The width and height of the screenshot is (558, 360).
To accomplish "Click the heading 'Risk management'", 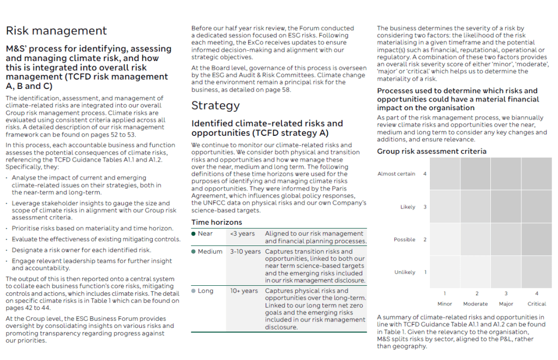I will [x=56, y=31].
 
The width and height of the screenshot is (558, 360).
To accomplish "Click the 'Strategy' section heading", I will [x=215, y=105].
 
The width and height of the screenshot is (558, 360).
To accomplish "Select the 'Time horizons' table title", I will [x=217, y=223].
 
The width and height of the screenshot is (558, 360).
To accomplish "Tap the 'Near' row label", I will [x=205, y=233].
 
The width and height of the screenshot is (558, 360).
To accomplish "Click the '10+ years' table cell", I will [x=244, y=291].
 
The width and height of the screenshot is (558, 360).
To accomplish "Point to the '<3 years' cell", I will [x=242, y=233].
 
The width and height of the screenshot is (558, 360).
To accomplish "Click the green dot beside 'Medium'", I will [x=194, y=251].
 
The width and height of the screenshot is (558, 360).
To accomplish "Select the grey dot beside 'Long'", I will [x=194, y=291].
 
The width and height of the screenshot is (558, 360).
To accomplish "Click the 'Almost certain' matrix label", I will [x=397, y=174].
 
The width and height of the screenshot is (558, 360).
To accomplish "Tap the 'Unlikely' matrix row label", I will [x=405, y=272].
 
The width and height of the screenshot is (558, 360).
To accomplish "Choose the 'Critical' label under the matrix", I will [x=537, y=304].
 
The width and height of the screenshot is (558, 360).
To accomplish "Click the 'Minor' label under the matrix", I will [x=445, y=304].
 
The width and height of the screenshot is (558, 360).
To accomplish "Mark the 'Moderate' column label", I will [x=475, y=304].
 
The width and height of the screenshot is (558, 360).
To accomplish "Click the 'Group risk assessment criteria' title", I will [x=431, y=151].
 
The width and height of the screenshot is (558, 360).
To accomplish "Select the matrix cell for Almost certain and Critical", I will [x=537, y=174].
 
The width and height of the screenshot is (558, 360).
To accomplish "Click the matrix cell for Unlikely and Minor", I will [x=445, y=272].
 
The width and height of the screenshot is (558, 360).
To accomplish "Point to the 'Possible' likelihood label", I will [x=404, y=239].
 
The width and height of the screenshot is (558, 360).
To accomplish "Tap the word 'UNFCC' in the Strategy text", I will [x=213, y=203].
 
